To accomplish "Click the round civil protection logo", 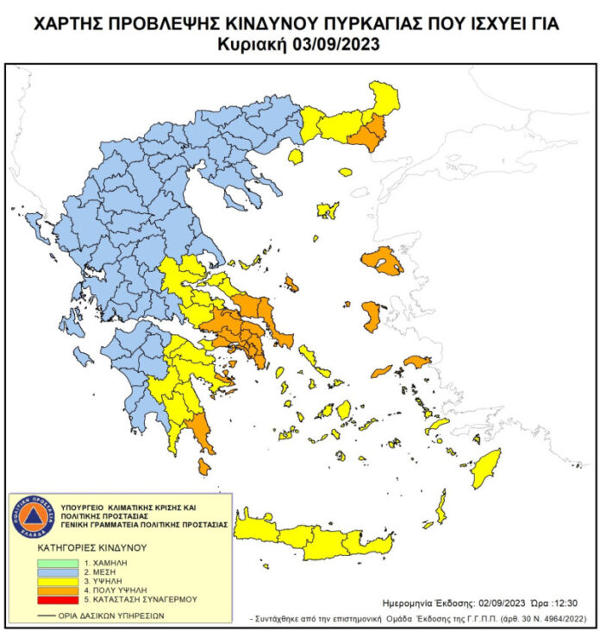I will click(33, 517).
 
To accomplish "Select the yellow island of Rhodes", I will click(484, 468).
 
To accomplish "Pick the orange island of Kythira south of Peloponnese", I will click(203, 466).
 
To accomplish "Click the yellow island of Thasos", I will click(296, 157).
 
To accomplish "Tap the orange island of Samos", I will click(416, 362).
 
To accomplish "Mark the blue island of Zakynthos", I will click(83, 356).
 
